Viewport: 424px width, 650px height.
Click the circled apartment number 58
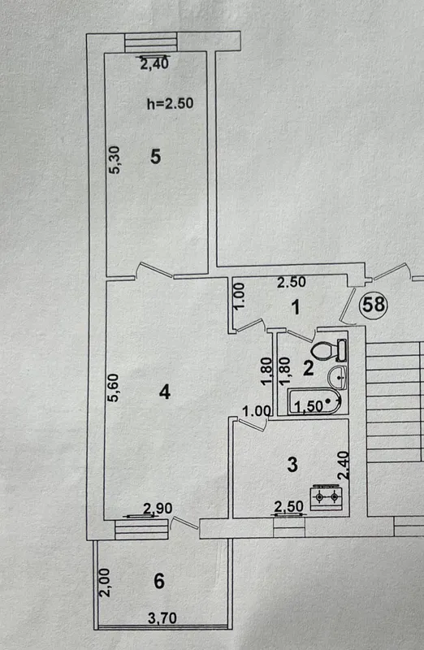point(374,305)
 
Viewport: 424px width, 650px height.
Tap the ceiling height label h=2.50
point(170,103)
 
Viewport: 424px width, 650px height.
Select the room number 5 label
point(155,157)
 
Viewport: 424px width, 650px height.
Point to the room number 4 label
point(165,392)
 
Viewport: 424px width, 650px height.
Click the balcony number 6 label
point(159,581)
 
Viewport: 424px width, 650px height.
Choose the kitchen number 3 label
point(292,465)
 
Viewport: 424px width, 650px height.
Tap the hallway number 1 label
point(296,308)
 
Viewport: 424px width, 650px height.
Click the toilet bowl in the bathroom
point(328,350)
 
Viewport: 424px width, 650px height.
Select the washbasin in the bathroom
point(337,377)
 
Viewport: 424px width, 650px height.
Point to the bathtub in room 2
point(314,401)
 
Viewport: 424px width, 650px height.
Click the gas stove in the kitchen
point(327,496)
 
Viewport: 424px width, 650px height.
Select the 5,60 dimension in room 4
point(113,388)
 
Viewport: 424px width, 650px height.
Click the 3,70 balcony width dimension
point(162,618)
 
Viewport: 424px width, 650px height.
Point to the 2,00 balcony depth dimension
point(106,583)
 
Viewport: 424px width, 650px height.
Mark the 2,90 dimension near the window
point(158,509)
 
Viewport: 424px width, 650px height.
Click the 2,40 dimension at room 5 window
point(154,64)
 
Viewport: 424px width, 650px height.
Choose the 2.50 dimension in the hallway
point(292,282)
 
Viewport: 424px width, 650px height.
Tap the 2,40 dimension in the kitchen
point(344,466)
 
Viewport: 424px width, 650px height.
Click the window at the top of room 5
point(151,42)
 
